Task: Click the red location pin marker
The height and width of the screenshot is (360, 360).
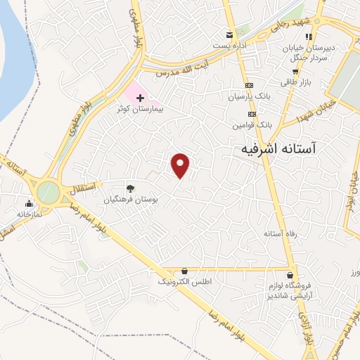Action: [181, 165]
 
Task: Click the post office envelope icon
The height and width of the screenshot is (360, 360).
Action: [229, 35]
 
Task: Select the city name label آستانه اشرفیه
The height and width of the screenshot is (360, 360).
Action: [278, 149]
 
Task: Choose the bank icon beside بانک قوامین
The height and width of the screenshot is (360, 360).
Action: [251, 113]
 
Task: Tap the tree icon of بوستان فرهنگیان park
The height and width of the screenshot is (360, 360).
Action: [130, 188]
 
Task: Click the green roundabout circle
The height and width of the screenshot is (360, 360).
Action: [48, 191]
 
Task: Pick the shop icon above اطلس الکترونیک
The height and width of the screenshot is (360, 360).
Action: [184, 271]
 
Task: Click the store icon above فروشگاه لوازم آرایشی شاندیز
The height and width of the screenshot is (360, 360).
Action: [290, 275]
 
